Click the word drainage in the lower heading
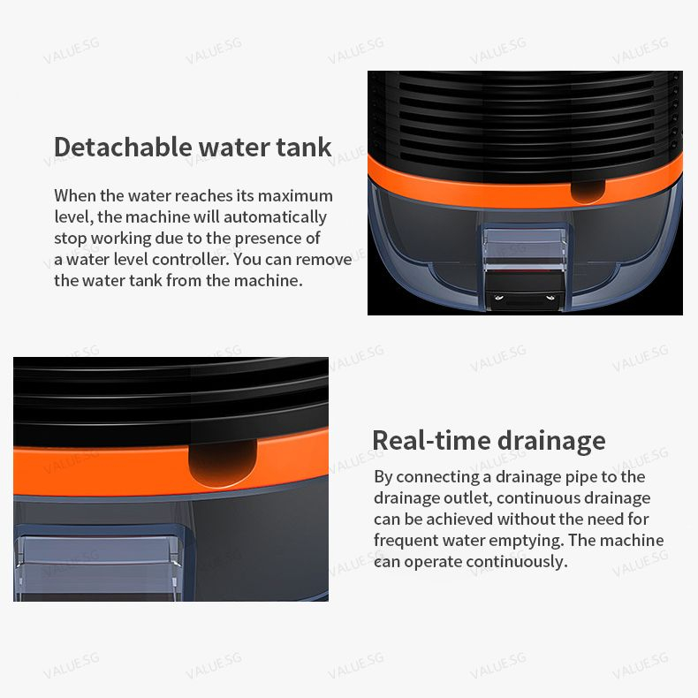[x=551, y=442]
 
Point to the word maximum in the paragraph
[x=295, y=196]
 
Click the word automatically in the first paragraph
[x=275, y=217]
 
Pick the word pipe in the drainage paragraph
[x=580, y=478]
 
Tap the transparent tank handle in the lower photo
[x=97, y=563]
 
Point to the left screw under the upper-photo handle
[x=499, y=298]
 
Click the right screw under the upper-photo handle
[x=550, y=297]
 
